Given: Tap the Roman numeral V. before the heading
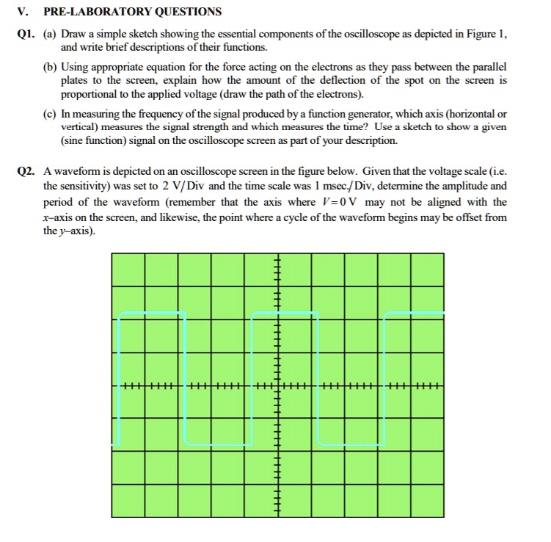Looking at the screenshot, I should [23, 12].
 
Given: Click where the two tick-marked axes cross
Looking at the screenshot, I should [277, 386].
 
